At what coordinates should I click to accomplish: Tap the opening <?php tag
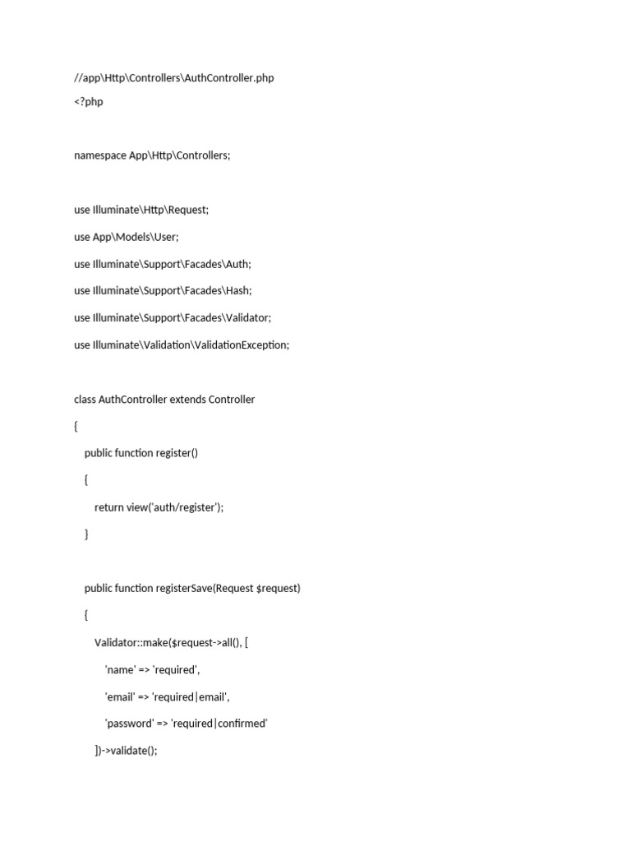(x=89, y=103)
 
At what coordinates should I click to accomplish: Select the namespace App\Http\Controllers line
(x=152, y=155)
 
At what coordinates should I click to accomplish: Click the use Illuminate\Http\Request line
(x=141, y=210)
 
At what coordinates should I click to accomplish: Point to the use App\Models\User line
(x=126, y=237)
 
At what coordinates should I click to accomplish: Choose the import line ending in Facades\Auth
(x=163, y=264)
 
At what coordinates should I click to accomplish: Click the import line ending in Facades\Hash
(x=163, y=291)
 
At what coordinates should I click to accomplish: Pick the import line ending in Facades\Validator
(x=173, y=318)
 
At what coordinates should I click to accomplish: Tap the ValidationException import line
(x=182, y=345)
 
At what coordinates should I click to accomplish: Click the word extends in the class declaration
(x=187, y=400)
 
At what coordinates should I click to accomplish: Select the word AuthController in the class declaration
(x=133, y=400)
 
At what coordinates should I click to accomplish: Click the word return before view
(x=108, y=507)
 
